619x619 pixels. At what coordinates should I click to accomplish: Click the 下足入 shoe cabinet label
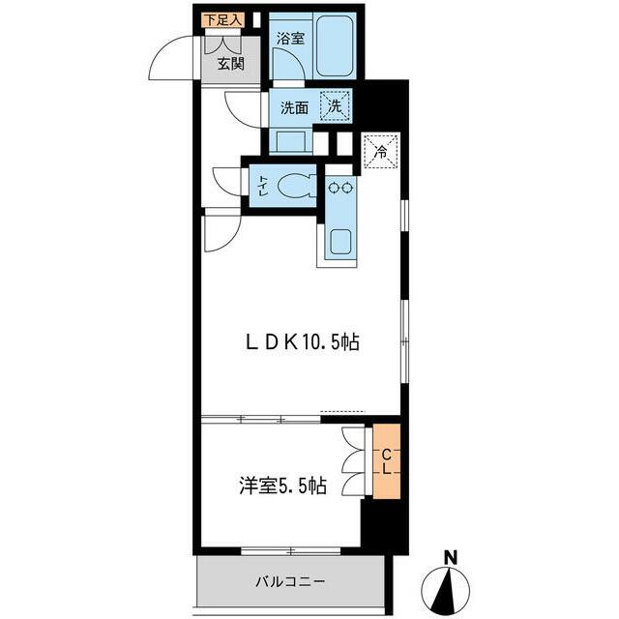[x=222, y=18]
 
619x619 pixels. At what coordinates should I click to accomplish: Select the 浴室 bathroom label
[x=290, y=39]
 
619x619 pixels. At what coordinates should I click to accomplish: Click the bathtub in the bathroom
[x=339, y=49]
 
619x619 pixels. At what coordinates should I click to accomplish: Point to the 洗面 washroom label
[x=294, y=108]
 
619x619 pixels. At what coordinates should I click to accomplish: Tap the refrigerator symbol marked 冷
[x=381, y=150]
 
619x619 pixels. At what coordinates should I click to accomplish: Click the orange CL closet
[x=384, y=462]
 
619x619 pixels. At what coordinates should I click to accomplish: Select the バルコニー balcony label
[x=290, y=582]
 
